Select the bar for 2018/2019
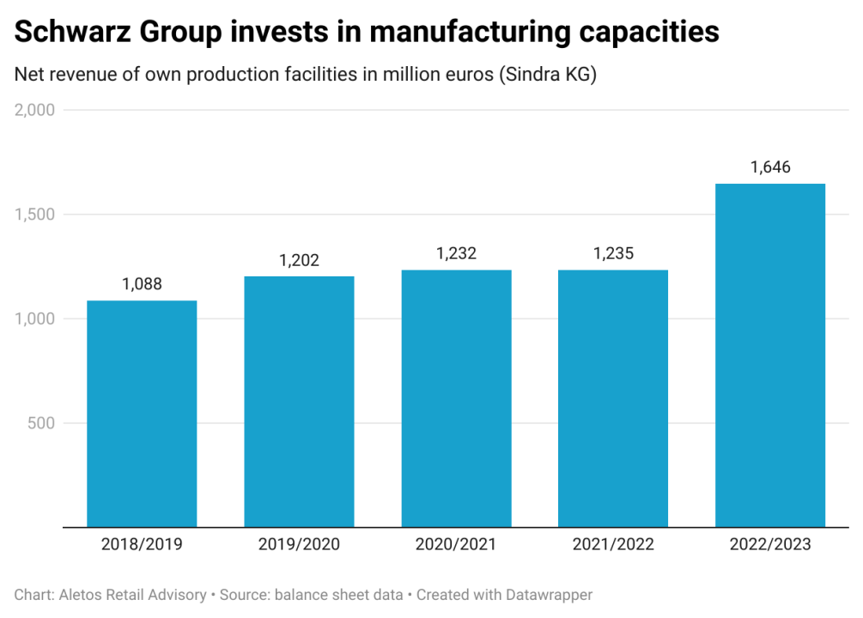tap(142, 414)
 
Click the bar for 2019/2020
tap(299, 402)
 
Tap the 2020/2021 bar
tap(456, 398)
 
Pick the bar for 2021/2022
tap(613, 398)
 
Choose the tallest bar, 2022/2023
tap(770, 355)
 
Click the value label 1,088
tap(142, 284)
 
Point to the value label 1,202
tap(299, 260)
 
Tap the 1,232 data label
tap(456, 254)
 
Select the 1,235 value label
tap(613, 254)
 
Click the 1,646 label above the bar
tap(770, 167)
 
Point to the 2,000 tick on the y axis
tap(35, 110)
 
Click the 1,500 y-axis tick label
tap(35, 215)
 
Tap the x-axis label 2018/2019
tap(142, 544)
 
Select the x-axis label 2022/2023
tap(770, 544)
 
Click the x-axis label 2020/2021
tap(456, 544)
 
